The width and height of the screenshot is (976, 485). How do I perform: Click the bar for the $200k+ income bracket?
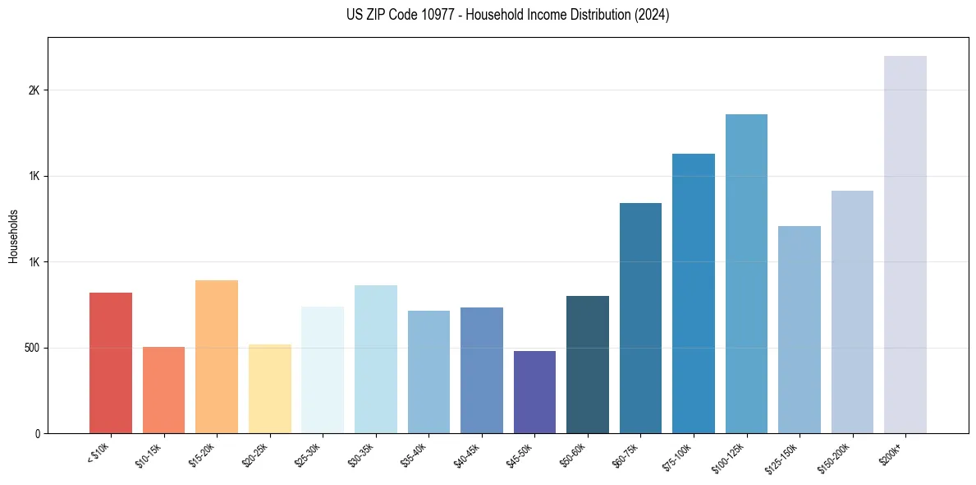(x=905, y=244)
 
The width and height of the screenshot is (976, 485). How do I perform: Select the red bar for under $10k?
(x=111, y=363)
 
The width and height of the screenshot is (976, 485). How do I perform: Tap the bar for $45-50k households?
(x=534, y=392)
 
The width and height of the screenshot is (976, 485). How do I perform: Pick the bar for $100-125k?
(x=746, y=274)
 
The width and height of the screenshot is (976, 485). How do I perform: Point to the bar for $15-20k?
(x=217, y=357)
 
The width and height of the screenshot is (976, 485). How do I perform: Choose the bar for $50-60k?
(x=588, y=364)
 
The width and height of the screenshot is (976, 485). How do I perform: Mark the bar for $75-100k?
(x=693, y=293)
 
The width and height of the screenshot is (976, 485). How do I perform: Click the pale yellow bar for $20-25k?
(x=269, y=389)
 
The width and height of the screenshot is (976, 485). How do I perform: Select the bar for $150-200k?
(x=852, y=312)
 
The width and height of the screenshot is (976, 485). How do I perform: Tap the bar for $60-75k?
(x=640, y=318)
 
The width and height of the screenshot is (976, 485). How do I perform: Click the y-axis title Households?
(x=14, y=236)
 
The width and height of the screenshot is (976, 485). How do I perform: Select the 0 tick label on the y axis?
(x=38, y=433)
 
